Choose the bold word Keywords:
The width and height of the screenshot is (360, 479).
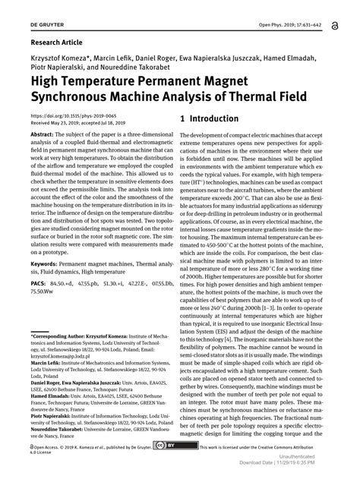click(48, 263)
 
